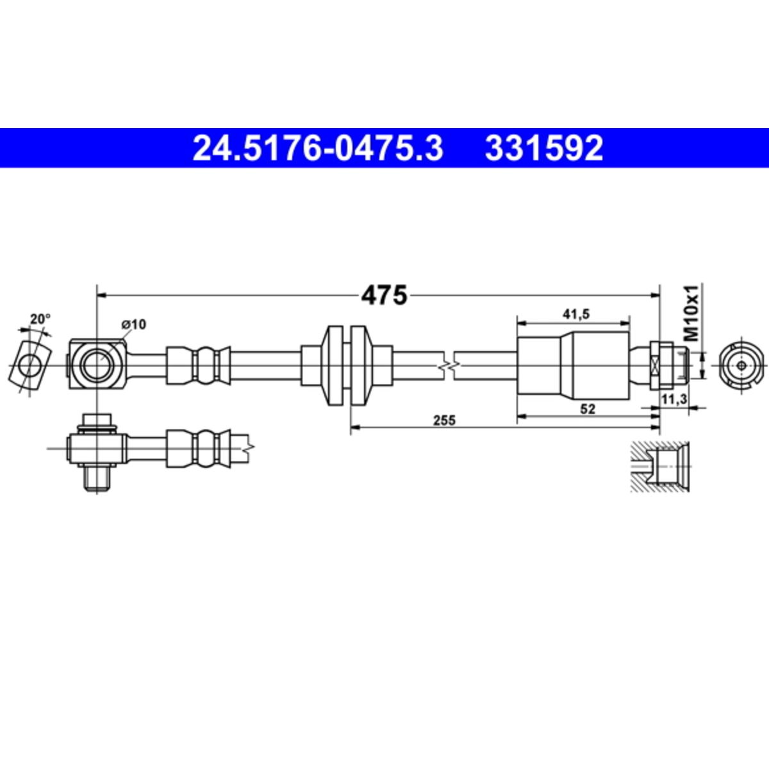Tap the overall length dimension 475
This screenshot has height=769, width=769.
point(384,296)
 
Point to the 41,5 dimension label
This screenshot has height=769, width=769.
point(576,315)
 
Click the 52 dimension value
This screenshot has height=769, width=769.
point(588,409)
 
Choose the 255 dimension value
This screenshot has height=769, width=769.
point(444,420)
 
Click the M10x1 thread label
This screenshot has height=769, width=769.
point(693,313)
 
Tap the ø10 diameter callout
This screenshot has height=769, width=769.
point(133,324)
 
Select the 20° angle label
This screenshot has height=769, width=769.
point(40,319)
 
